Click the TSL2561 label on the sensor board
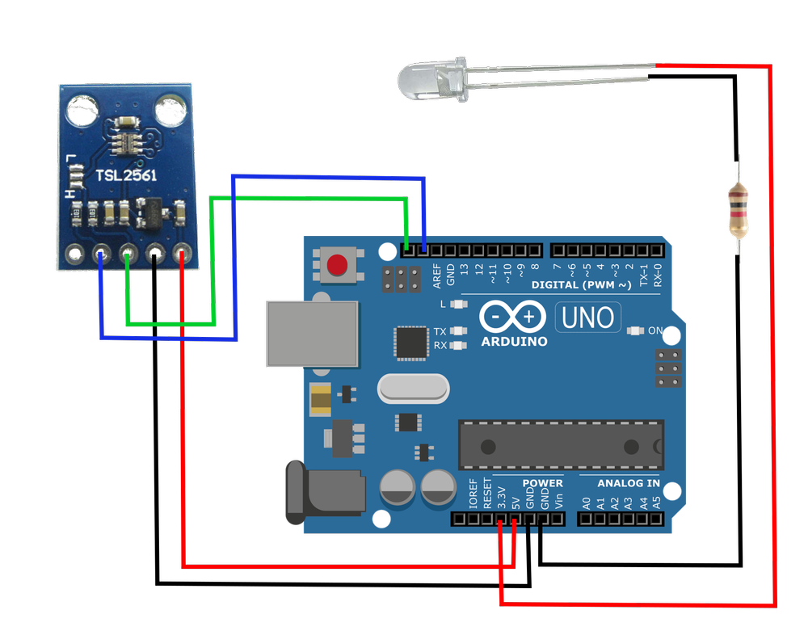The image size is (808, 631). pyautogui.click(x=127, y=175)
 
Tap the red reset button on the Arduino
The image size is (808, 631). pyautogui.click(x=337, y=264)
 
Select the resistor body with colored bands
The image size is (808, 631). pyautogui.click(x=738, y=209)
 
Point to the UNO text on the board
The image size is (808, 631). pyautogui.click(x=588, y=318)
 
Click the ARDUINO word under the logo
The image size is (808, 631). pyautogui.click(x=514, y=341)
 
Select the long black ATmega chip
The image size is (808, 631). pyautogui.click(x=561, y=444)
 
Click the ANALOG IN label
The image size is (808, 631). pyautogui.click(x=629, y=483)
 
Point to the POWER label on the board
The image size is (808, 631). pyautogui.click(x=542, y=483)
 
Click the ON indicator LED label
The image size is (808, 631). pyautogui.click(x=655, y=330)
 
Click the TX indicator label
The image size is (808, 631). pyautogui.click(x=440, y=331)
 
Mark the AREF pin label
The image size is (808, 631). pyautogui.click(x=437, y=276)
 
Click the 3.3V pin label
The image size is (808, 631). pyautogui.click(x=501, y=494)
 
